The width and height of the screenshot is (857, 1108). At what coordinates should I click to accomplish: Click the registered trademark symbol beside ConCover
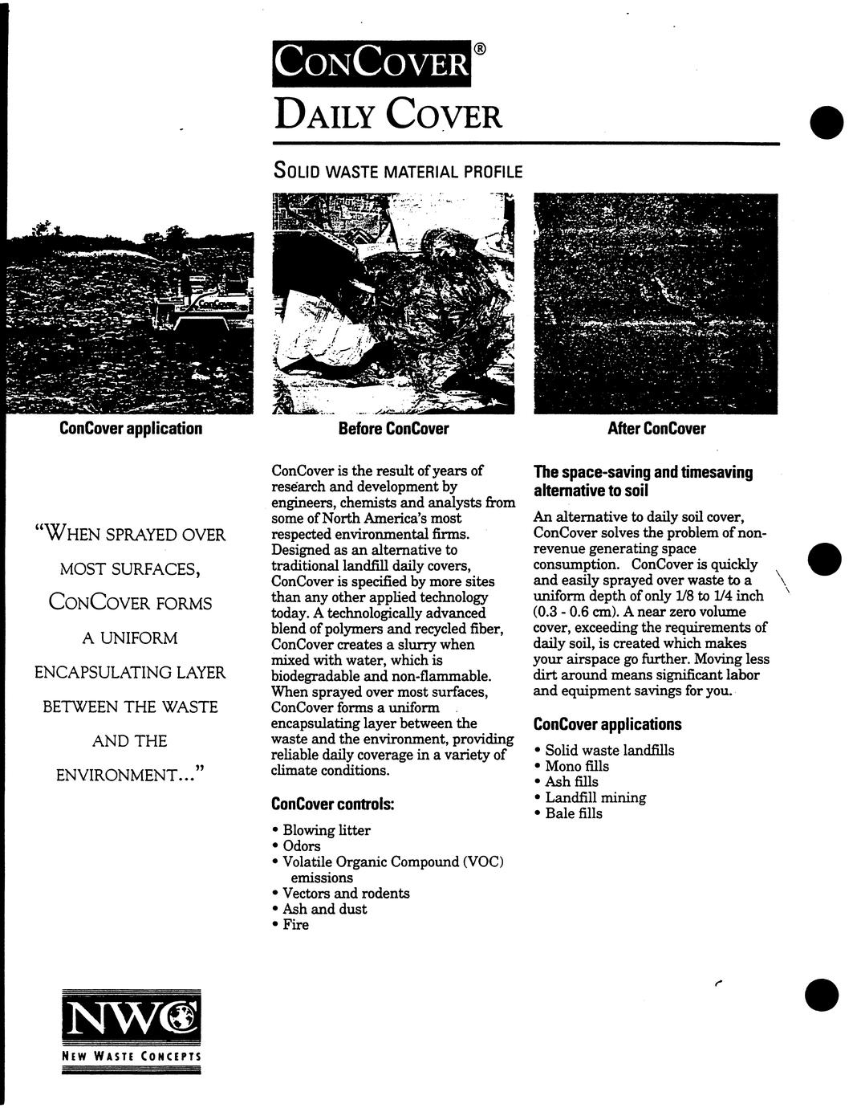(x=479, y=49)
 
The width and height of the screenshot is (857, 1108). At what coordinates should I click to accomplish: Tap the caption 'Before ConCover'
(x=393, y=429)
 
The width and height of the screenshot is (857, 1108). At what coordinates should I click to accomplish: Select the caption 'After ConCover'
(x=656, y=429)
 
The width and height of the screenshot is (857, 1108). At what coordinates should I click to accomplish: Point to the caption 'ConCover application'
(x=131, y=428)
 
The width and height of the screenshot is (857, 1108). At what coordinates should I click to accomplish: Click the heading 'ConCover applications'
(x=607, y=724)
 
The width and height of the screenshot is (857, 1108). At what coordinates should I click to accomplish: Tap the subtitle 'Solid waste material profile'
(x=398, y=171)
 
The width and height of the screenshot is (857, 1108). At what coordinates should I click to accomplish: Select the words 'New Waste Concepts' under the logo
(x=131, y=1057)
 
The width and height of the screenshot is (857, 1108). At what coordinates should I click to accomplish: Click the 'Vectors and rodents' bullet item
(x=346, y=894)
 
